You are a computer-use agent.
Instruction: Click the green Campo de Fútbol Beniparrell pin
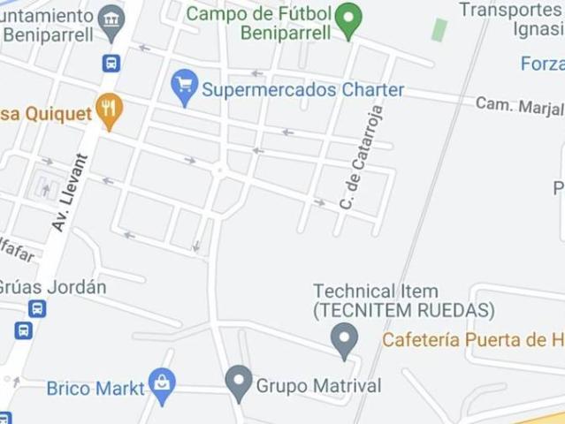pyautogui.click(x=349, y=19)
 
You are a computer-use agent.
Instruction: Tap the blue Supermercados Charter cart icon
pyautogui.click(x=185, y=87)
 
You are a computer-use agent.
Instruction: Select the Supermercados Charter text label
pyautogui.click(x=302, y=90)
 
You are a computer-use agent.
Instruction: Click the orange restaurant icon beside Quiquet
pyautogui.click(x=109, y=110)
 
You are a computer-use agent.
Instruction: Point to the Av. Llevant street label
pyautogui.click(x=71, y=193)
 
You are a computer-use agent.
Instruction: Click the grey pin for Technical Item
pyautogui.click(x=344, y=340)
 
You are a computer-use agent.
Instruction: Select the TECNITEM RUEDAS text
pyautogui.click(x=402, y=311)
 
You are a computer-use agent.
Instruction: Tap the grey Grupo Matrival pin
pyautogui.click(x=239, y=382)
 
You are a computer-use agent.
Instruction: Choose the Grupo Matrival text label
pyautogui.click(x=318, y=386)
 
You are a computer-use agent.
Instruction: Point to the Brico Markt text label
pyautogui.click(x=95, y=388)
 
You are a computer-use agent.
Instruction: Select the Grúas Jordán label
pyautogui.click(x=51, y=288)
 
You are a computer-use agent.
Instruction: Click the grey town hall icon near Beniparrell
pyautogui.click(x=111, y=22)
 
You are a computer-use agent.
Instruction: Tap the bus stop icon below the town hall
pyautogui.click(x=111, y=64)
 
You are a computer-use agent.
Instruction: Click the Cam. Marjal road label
pyautogui.click(x=519, y=106)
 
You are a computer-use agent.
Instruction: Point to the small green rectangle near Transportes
pyautogui.click(x=439, y=29)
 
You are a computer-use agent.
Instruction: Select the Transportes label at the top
pyautogui.click(x=511, y=10)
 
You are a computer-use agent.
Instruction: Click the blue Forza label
pyautogui.click(x=542, y=64)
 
